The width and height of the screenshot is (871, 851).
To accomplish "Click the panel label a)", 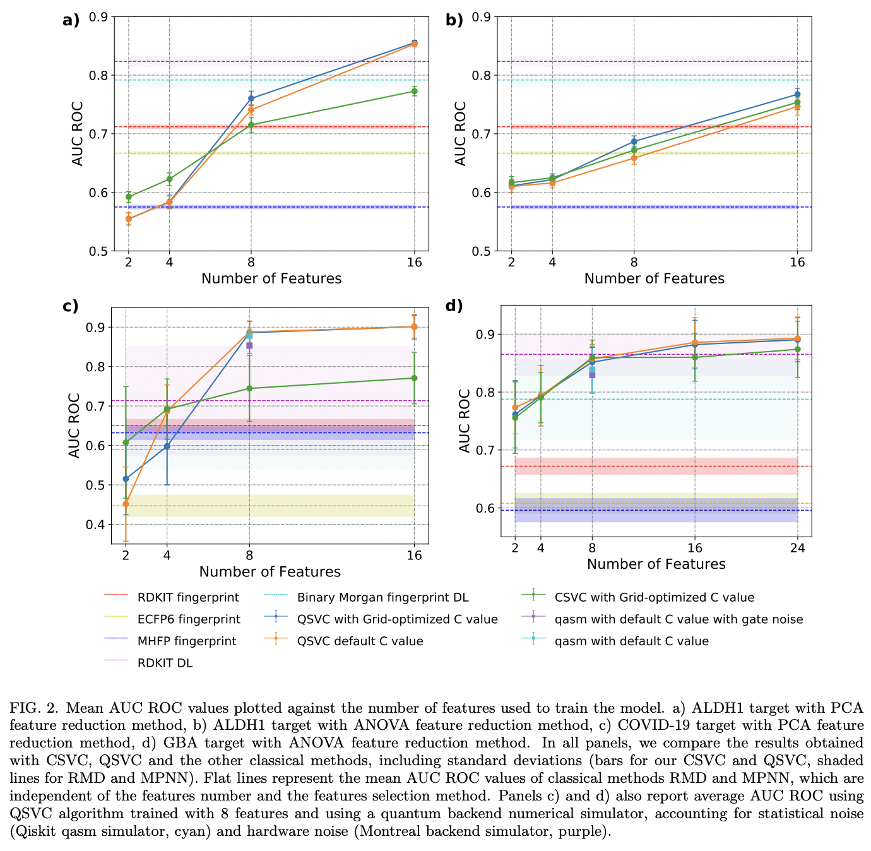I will click(x=71, y=20).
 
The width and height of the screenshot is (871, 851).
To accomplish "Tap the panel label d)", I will click(x=454, y=306).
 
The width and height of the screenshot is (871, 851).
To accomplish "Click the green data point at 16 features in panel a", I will click(x=414, y=91).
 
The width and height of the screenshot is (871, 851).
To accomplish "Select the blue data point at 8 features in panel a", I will click(x=251, y=98).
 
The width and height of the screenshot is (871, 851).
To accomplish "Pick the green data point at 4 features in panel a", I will click(x=169, y=179).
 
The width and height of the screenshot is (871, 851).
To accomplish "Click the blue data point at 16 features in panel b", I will click(x=797, y=95).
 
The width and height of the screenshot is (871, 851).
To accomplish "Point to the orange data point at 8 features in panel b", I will click(x=634, y=158).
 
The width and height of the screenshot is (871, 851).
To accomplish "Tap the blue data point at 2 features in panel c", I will click(x=126, y=479).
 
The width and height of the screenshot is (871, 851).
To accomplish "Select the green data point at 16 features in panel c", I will click(x=414, y=378).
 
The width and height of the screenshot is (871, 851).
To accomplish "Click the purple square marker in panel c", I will click(x=249, y=345).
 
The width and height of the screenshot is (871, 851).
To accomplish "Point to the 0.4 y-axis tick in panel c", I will click(x=97, y=525).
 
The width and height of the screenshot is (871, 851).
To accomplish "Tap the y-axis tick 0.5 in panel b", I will click(x=480, y=251).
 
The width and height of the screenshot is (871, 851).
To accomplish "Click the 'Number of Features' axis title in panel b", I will click(x=654, y=278).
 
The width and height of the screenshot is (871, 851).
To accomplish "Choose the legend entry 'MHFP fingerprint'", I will click(x=187, y=641).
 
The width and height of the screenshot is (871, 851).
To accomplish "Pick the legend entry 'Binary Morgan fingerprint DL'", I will click(x=382, y=597).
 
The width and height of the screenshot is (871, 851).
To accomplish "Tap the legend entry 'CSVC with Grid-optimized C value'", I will click(x=654, y=597).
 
